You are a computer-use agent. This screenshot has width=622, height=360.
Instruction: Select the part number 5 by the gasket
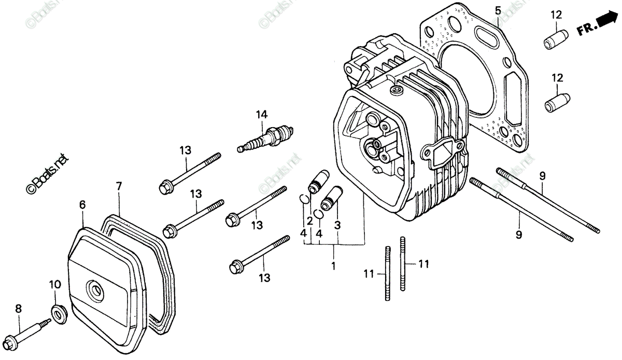point(498,10)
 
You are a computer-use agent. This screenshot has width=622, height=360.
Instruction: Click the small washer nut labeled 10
point(57,314)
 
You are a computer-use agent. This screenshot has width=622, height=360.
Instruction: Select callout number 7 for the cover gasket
point(118,185)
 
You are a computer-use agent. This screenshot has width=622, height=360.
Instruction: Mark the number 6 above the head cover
point(82,205)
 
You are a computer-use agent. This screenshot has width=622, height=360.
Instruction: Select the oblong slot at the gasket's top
point(486,37)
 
